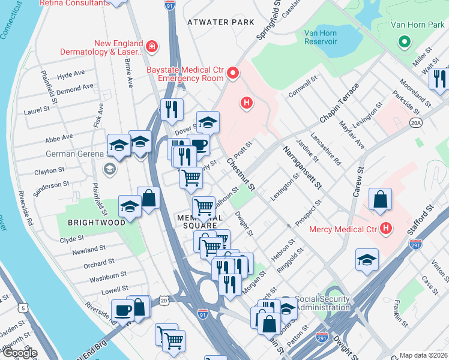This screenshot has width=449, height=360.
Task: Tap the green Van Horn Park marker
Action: point(405,43)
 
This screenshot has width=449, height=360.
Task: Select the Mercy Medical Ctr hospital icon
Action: point(385,229)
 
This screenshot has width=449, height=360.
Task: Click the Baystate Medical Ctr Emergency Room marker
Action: point(232,74)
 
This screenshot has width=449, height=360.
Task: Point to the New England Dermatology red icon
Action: point(151,46)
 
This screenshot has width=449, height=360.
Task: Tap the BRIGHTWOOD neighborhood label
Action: point(96,222)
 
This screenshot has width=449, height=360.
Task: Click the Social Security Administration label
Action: point(323,303)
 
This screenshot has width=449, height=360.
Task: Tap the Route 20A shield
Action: point(416,122)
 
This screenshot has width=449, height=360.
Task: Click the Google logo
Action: point(19,353)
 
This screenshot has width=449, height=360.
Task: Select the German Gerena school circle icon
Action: point(110,169)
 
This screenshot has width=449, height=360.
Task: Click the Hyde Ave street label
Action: point(71,75)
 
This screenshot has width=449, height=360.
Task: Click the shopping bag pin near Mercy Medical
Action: point(379,200)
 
